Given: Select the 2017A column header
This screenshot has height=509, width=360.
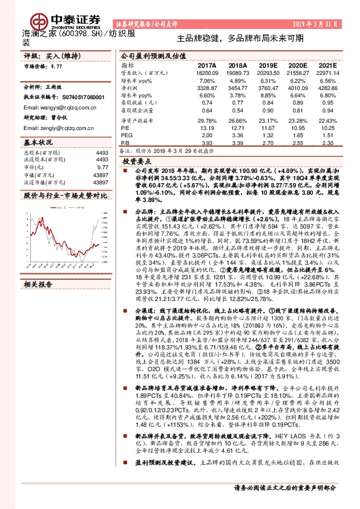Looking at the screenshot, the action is pos(207,65).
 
